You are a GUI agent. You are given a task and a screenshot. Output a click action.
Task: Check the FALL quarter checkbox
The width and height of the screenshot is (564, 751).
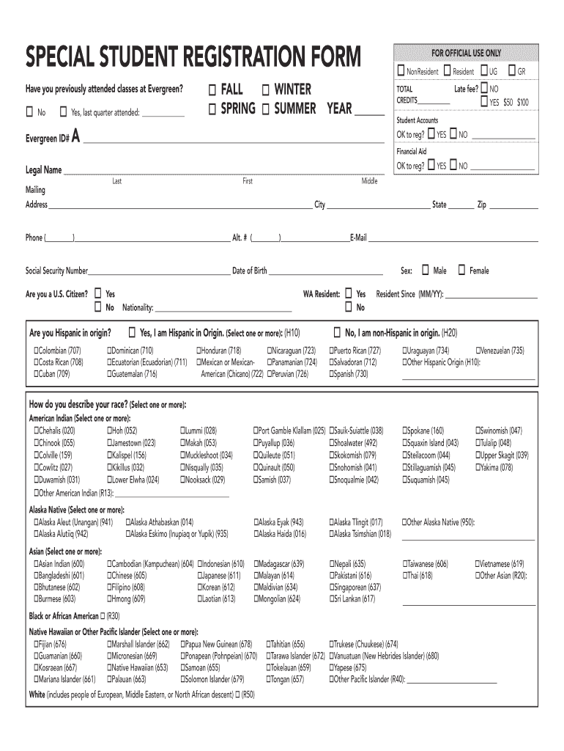click(212, 90)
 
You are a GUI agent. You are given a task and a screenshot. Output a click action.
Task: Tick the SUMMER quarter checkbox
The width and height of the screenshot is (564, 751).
click(265, 109)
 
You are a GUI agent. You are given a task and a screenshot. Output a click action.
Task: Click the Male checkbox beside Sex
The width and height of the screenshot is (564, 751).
click(426, 271)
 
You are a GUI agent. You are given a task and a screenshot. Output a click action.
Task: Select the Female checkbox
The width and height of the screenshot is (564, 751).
click(461, 271)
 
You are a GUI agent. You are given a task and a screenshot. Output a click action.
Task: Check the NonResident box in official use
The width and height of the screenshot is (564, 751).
click(401, 71)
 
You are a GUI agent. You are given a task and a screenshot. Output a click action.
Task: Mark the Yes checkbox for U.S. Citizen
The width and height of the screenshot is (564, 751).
click(99, 293)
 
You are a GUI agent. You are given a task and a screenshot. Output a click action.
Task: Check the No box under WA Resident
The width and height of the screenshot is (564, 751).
click(349, 307)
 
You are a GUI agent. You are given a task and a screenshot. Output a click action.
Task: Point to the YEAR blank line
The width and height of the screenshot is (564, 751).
click(370, 114)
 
